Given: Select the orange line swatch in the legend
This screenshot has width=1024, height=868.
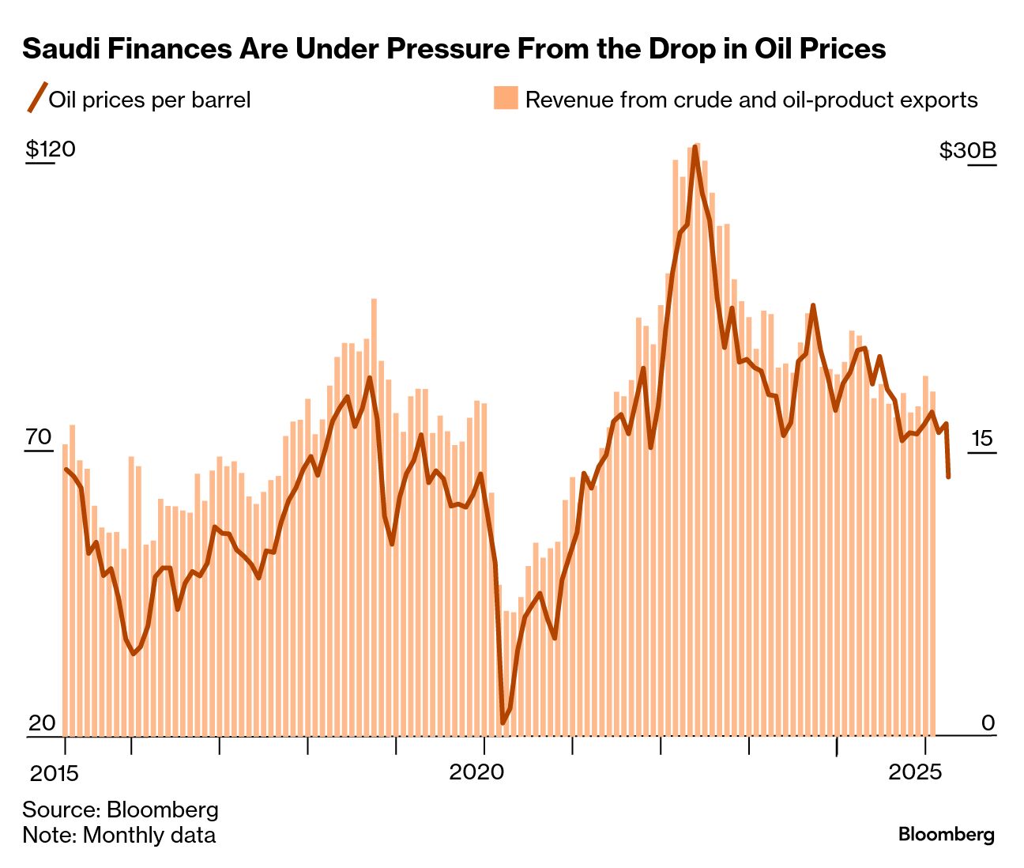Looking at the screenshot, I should click(x=36, y=98).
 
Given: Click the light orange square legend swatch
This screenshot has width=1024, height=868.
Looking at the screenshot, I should click(x=506, y=98).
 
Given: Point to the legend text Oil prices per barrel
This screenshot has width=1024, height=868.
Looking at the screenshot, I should click(x=150, y=100).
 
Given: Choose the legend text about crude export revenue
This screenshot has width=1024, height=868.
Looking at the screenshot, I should click(x=751, y=100).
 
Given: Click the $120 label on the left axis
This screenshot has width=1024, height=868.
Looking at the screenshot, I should click(x=50, y=149).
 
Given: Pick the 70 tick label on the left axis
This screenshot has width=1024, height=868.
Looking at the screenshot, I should click(x=39, y=437).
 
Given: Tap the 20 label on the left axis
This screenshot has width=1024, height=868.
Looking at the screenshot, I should click(x=41, y=723).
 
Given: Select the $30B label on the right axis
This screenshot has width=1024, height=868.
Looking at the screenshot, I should click(x=968, y=150).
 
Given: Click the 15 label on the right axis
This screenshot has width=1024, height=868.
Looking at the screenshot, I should click(x=981, y=438).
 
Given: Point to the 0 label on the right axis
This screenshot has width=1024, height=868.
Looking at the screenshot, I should click(x=988, y=723).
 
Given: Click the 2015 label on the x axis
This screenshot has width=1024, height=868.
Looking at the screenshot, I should click(x=55, y=772).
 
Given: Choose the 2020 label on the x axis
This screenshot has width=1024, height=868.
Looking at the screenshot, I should click(x=476, y=771).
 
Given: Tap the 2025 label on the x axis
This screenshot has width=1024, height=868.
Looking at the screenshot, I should click(x=915, y=771).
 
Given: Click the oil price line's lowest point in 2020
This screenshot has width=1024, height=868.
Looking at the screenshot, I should click(x=503, y=723).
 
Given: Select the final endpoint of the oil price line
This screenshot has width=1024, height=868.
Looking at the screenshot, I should click(x=948, y=477).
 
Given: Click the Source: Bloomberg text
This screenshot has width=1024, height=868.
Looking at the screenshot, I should click(x=120, y=810).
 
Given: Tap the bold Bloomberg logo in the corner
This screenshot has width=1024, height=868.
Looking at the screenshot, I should click(x=946, y=835).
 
